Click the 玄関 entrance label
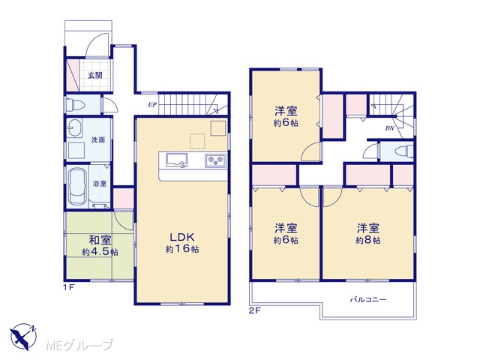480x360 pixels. (95, 75)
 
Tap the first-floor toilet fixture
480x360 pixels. (75, 105)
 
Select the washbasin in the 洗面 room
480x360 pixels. (74, 127)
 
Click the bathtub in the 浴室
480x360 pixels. (76, 187)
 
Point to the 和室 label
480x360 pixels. (100, 240)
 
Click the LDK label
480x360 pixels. (182, 237)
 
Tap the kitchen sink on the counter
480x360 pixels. (177, 160)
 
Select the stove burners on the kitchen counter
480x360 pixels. (215, 160)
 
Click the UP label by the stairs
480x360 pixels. (152, 105)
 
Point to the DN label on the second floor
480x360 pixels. (390, 128)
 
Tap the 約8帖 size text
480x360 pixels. (368, 240)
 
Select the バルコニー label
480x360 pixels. (368, 299)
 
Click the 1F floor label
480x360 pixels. (68, 287)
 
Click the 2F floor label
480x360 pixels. (254, 311)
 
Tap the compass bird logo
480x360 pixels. (23, 337)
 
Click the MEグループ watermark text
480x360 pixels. (80, 345)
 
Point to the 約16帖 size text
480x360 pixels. (182, 249)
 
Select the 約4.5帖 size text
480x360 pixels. (100, 252)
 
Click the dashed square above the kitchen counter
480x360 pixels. (197, 142)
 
